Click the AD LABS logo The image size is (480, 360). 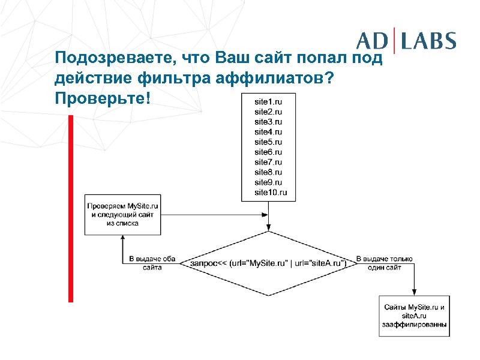(x=406, y=41)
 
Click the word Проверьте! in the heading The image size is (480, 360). (x=99, y=97)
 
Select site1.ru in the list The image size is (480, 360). (x=268, y=101)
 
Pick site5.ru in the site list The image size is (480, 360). (x=268, y=142)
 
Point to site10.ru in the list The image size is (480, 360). (x=271, y=192)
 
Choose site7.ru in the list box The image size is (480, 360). (x=268, y=162)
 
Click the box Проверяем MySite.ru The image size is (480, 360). (x=122, y=214)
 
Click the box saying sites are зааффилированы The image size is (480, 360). (x=414, y=316)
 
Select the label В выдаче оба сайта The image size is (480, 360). (x=152, y=263)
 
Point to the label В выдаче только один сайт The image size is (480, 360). (x=385, y=263)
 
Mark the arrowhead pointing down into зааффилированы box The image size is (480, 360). (x=414, y=292)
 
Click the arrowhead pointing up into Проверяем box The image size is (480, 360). (x=122, y=238)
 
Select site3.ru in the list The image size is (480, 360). (x=268, y=122)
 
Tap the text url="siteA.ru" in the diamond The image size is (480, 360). (x=320, y=263)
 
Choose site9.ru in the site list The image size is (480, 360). (x=268, y=182)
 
